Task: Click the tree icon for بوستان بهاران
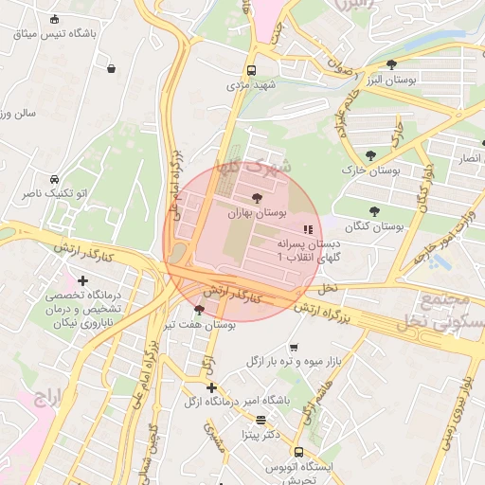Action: pos(257,197)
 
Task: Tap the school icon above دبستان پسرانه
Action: pos(306,229)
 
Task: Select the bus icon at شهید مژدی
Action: pos(251,70)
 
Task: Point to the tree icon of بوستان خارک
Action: pos(369,155)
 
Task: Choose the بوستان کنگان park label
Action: pos(374,227)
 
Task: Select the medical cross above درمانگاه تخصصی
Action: pos(83,280)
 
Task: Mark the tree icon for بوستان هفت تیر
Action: pos(198,310)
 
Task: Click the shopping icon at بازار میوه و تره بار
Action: pos(294,347)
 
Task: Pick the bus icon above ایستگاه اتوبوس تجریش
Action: pos(299,452)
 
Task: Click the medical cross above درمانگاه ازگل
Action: pos(211,387)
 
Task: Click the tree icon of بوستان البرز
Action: pos(392,64)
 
